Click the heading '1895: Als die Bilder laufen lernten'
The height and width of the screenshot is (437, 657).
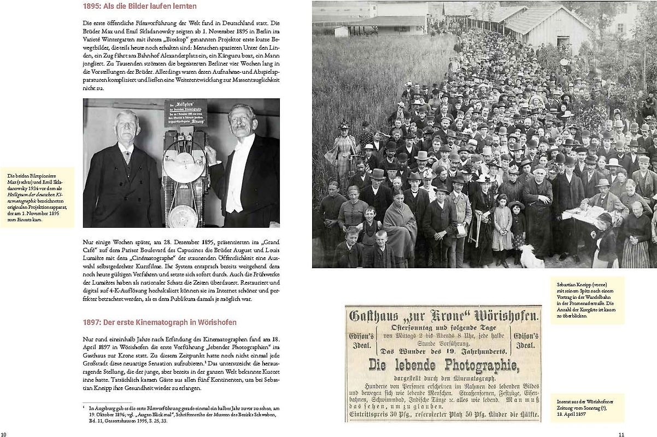coord(140,7)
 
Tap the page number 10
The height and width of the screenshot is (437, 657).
coord(4,434)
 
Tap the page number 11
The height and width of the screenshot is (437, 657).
coord(620,434)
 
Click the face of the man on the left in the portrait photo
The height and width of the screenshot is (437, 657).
coord(127,126)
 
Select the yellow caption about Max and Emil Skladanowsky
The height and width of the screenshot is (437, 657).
coord(37,196)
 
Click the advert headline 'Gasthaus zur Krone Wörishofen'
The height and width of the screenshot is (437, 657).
coord(443,315)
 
